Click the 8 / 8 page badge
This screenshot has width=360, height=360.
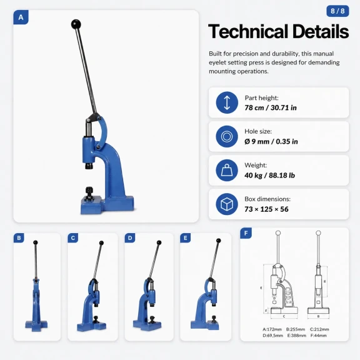(337, 11)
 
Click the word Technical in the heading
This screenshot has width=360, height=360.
(248, 31)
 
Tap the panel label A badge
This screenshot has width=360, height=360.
(21, 17)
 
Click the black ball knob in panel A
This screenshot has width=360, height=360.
(76, 24)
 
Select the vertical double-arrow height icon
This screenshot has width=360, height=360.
(227, 102)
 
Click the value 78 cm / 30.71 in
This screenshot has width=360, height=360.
(271, 107)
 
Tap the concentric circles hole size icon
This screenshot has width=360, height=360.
(227, 136)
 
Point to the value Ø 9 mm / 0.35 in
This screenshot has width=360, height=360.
(271, 141)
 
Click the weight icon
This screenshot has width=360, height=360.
(227, 170)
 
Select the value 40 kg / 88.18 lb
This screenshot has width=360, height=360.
(269, 176)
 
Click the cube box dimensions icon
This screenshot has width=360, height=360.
(227, 204)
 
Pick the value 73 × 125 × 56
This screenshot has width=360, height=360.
(266, 209)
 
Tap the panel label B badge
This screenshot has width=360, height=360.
(19, 238)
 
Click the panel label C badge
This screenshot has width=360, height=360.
(73, 238)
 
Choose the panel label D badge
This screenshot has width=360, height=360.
(130, 238)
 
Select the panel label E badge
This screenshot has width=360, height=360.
(185, 238)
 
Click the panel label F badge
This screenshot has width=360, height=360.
(246, 233)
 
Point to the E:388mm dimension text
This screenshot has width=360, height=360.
(297, 336)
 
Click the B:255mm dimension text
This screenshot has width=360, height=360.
(296, 329)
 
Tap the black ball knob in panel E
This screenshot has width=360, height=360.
(219, 241)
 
